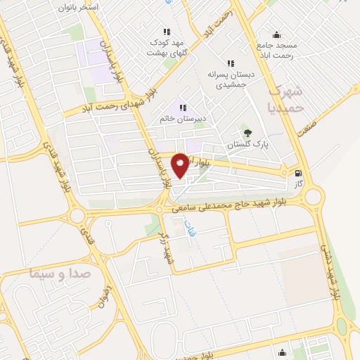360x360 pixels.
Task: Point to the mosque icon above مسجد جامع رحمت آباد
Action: [x=276, y=34]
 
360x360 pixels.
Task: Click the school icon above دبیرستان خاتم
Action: [x=183, y=108]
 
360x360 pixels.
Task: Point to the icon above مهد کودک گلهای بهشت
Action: [x=167, y=32]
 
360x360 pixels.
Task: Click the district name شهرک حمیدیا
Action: [x=288, y=99]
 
